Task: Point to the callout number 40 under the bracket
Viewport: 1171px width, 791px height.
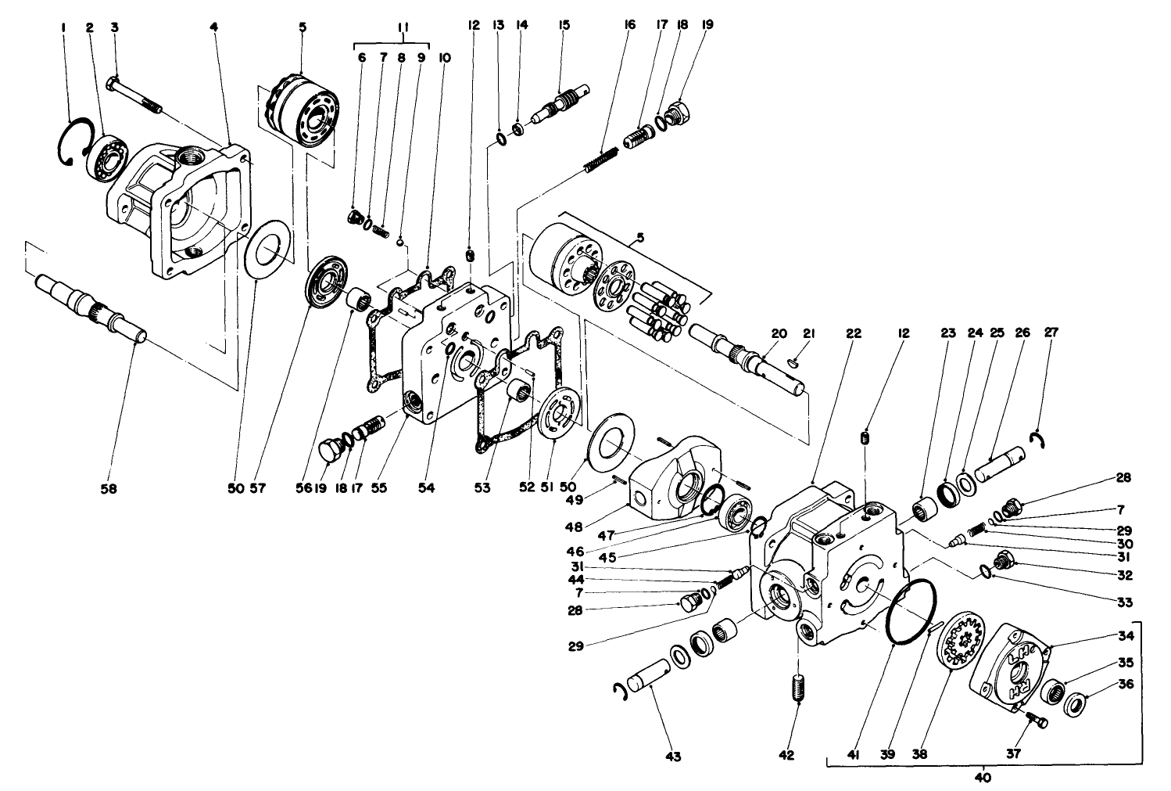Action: click(x=983, y=778)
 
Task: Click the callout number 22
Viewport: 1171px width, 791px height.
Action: click(x=853, y=333)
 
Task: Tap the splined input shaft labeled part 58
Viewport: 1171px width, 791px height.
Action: click(x=90, y=307)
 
